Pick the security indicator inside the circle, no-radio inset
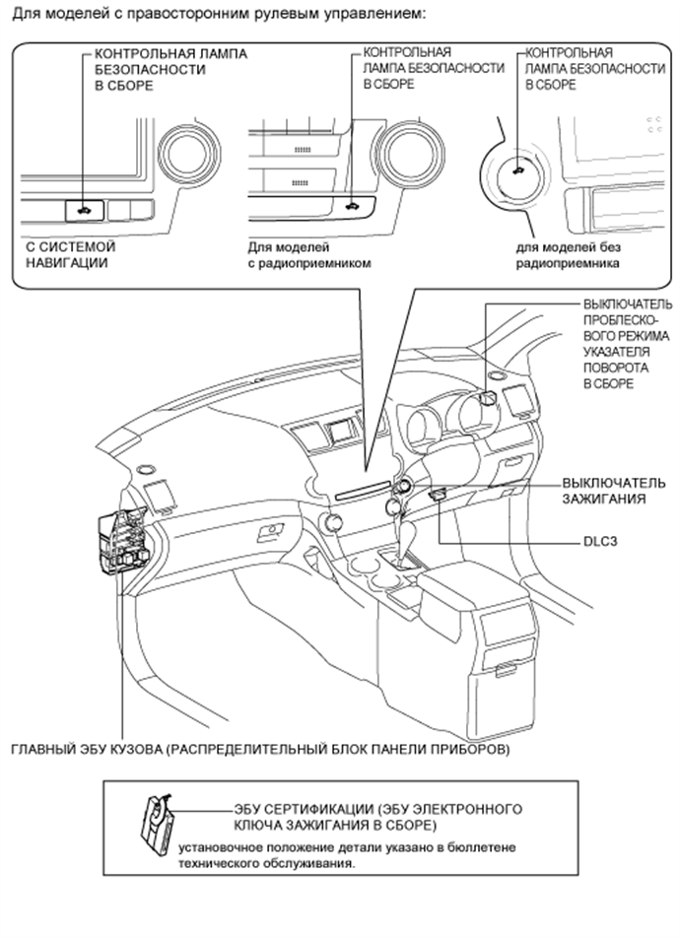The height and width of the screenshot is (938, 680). click(x=518, y=169)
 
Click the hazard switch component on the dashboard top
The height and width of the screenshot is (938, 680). click(x=486, y=398)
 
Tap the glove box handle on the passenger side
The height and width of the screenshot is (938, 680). click(x=266, y=534)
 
